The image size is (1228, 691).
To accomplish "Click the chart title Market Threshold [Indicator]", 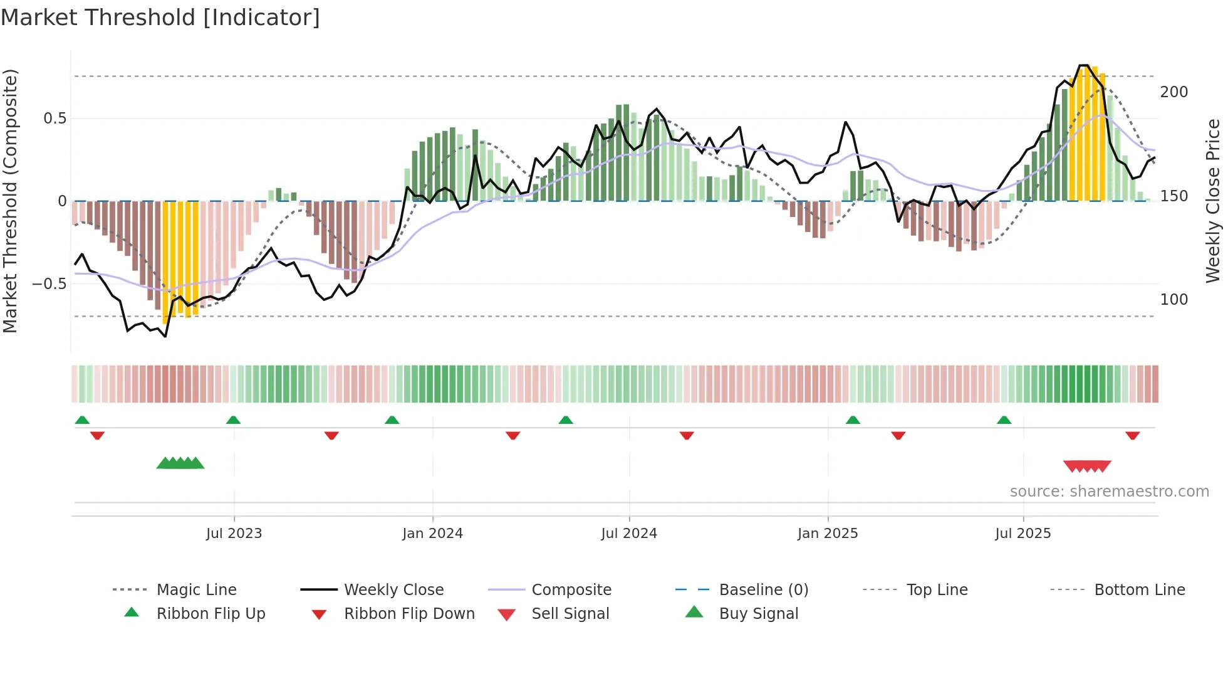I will pos(160,18).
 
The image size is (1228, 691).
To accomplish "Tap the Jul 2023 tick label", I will pos(234,534).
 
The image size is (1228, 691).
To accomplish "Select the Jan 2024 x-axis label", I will pos(432,534).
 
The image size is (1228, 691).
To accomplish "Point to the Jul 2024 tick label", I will pos(629,534).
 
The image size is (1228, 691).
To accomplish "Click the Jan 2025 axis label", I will pos(828,534).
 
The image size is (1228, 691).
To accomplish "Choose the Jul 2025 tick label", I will pos(1023,534).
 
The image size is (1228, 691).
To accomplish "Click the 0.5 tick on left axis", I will pos(55,119).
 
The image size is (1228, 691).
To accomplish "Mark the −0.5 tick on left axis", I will pos(49,284).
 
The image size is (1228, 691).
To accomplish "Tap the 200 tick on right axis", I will pos(1174,92).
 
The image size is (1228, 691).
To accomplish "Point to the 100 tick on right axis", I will pos(1174,300).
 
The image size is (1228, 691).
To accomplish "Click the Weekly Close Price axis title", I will pos(1214,201).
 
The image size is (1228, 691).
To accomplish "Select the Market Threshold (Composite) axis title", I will pos(11,201).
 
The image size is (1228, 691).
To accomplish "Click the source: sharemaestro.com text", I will pos(1109,492).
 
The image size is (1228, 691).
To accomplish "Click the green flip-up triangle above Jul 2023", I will pos(233,420).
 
